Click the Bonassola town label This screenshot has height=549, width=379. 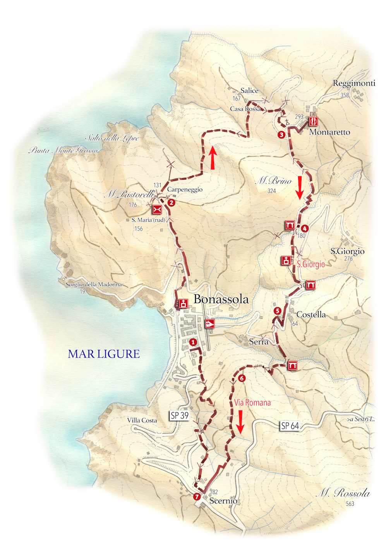pos(221,299)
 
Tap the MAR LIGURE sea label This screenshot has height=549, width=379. pos(104,354)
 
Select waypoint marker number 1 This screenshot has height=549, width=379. pos(193,342)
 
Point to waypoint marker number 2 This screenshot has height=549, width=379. pos(171,202)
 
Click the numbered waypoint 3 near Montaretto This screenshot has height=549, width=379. pos(281,135)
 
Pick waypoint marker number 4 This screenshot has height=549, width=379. pos(305,229)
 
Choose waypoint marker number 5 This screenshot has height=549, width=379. pos(277,311)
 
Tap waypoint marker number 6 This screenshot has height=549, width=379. pos(242,378)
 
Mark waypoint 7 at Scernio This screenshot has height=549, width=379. pos(197,497)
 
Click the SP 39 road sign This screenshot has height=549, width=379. pos(180,416)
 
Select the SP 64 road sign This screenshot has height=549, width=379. pos(290,426)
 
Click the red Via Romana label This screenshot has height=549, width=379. pos(252,403)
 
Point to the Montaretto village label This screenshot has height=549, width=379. pos(329,132)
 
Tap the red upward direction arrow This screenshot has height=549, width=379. pos(213,158)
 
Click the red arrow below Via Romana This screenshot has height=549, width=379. pos(240,422)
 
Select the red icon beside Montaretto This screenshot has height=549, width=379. pos(314,121)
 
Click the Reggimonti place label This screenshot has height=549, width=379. pos(354,83)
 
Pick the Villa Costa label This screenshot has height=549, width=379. pos(142,420)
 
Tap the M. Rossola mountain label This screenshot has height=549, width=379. pos(343,493)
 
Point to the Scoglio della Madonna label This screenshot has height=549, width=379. pos(94,284)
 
